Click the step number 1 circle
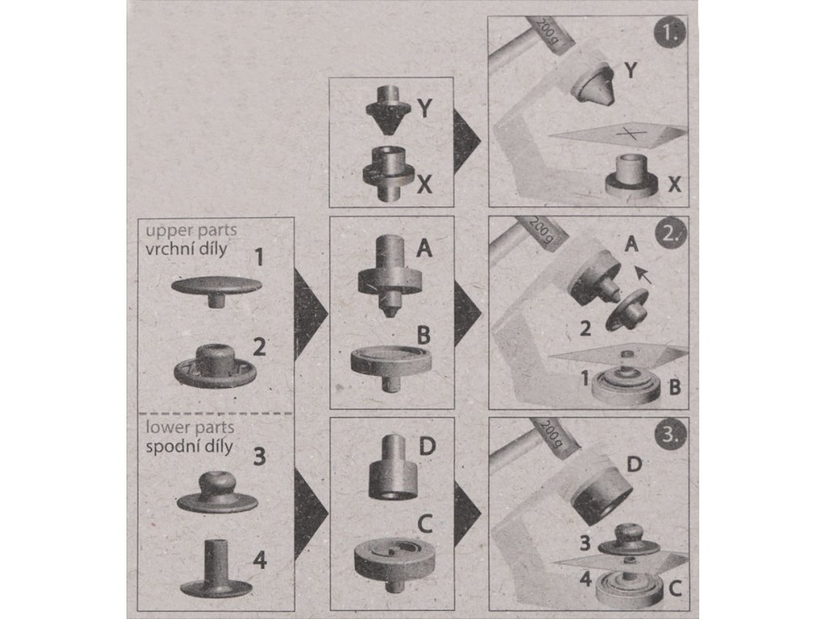(670, 33)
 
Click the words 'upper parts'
(191, 231)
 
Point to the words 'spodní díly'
(189, 447)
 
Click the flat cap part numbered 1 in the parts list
(216, 291)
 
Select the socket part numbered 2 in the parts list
(215, 365)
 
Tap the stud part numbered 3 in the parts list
(218, 492)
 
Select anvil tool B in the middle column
(391, 367)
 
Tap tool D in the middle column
(393, 467)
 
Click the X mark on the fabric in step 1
(632, 133)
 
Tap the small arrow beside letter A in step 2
(642, 274)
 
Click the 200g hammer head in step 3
(553, 436)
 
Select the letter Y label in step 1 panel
(630, 69)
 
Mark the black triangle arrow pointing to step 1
(467, 140)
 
